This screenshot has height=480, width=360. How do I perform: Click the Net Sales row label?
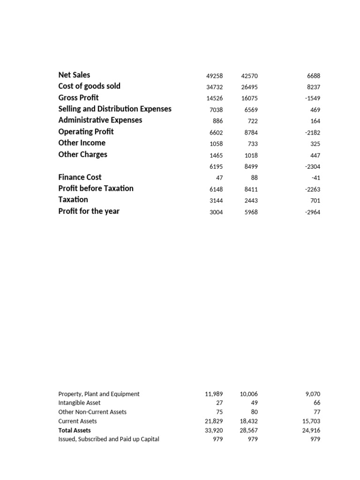74,75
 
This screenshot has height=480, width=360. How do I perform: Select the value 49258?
215,76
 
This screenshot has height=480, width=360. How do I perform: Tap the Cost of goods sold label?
89,86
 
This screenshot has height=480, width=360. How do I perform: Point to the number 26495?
249,87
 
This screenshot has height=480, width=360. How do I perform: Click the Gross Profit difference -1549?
312,98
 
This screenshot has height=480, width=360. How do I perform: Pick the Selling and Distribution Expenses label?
115,109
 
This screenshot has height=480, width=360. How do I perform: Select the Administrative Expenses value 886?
217,121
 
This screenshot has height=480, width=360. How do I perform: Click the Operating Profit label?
86,132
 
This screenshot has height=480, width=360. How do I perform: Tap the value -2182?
312,133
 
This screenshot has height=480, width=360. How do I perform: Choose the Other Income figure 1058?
216,144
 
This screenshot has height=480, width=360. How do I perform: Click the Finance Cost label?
80,177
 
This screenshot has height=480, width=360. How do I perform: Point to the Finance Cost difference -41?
315,178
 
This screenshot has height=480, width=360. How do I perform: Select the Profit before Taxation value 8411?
251,189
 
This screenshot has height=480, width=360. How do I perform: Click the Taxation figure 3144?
216,201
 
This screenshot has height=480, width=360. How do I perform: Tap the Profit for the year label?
89,211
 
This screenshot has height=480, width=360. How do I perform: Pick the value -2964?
312,212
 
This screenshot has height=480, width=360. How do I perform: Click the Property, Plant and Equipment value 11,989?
214,394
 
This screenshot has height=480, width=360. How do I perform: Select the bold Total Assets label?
75,430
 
